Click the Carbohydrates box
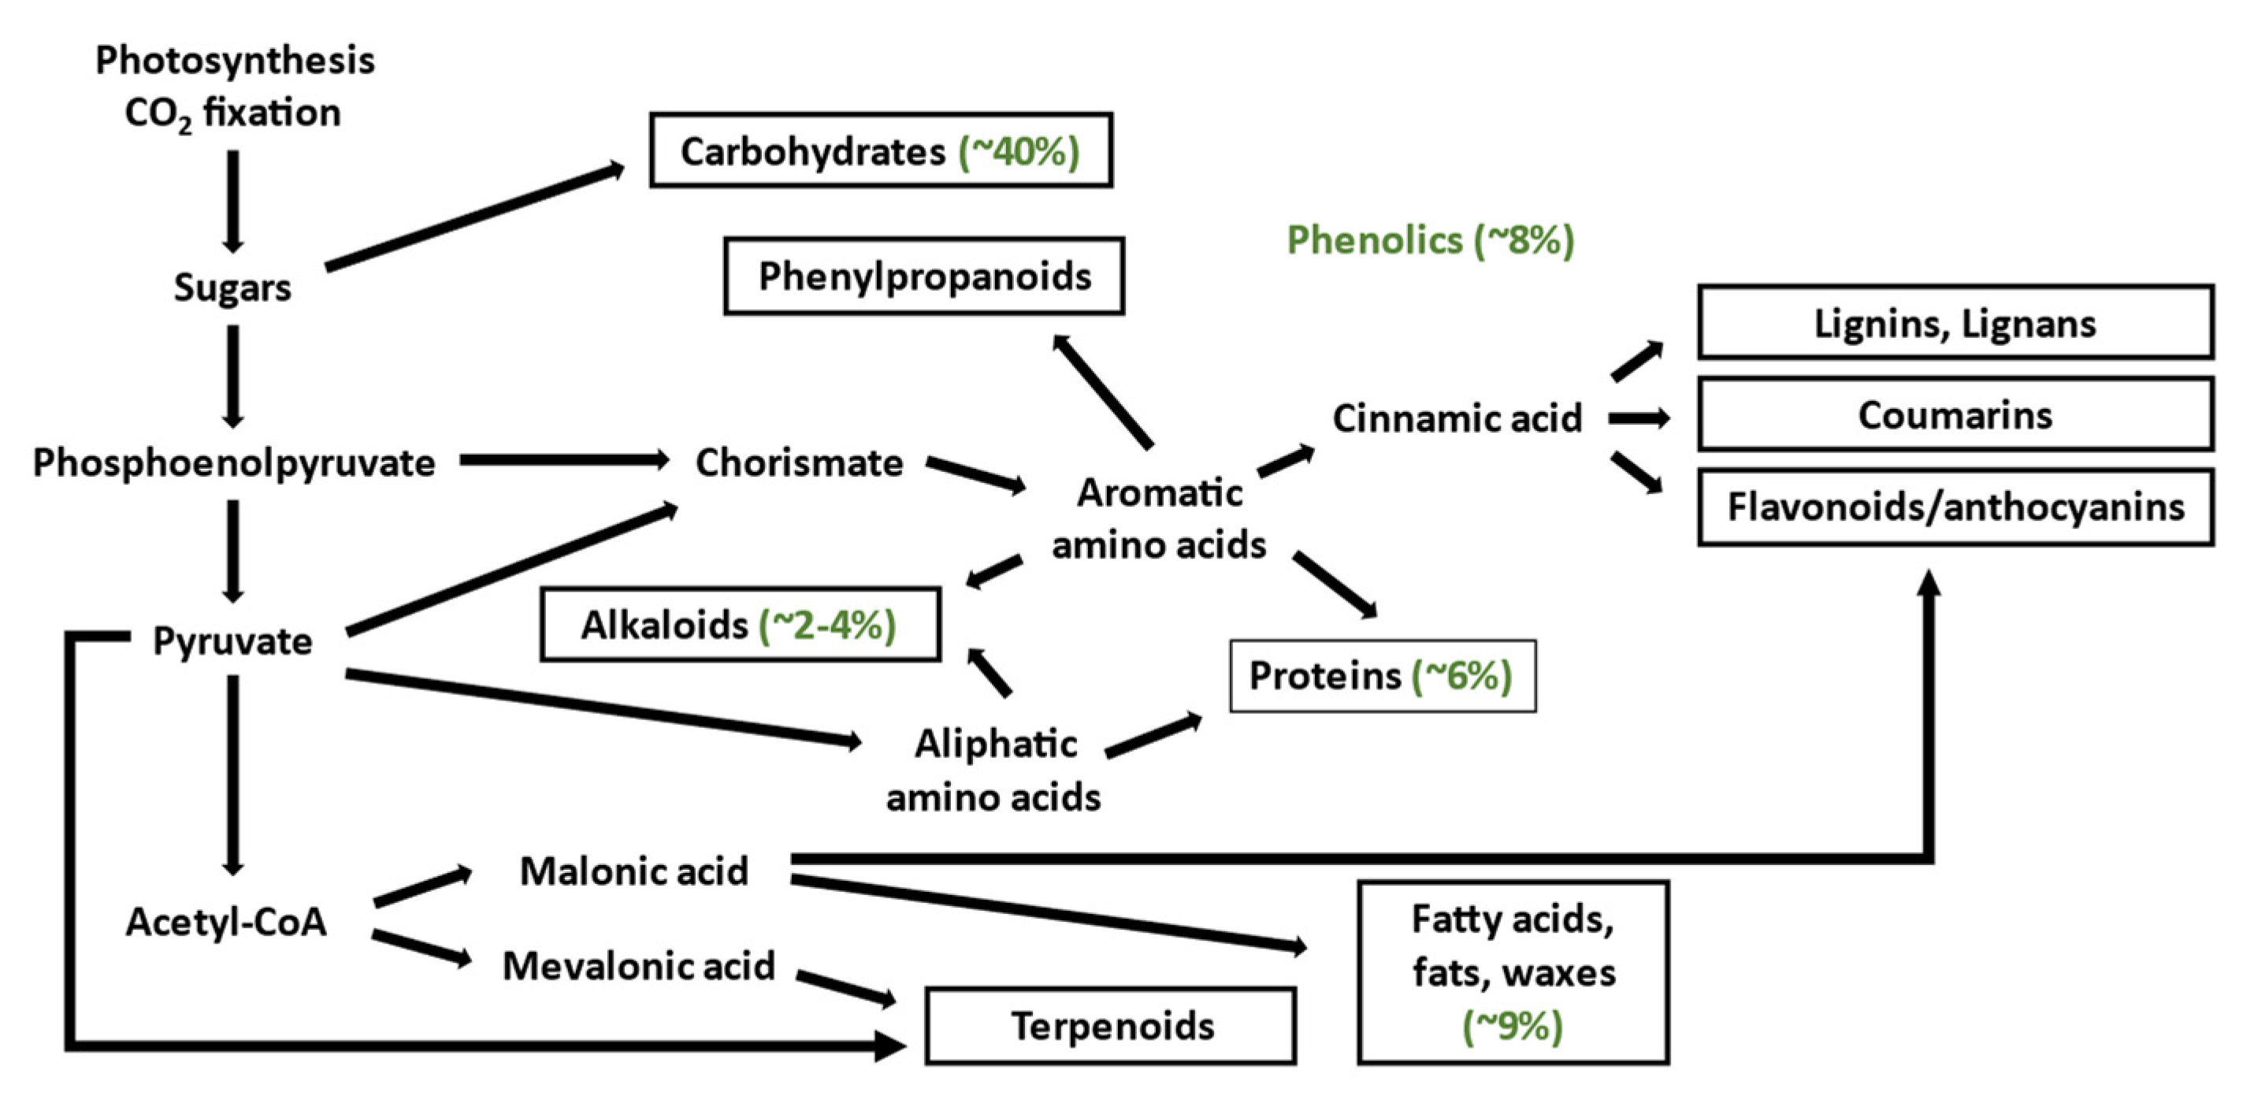point(881,150)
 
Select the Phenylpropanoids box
point(924,276)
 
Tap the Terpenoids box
point(1110,1026)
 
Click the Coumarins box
point(1955,415)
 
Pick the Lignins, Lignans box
point(1955,323)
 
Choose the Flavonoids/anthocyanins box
point(1955,507)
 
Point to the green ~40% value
point(1019,152)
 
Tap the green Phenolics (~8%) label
point(1430,240)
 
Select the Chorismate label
point(798,462)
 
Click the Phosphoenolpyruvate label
point(233,462)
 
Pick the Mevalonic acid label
point(638,966)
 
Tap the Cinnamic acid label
point(1456,418)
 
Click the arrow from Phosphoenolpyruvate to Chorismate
point(563,460)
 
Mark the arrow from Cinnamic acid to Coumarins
point(1639,419)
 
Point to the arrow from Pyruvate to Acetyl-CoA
point(232,773)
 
